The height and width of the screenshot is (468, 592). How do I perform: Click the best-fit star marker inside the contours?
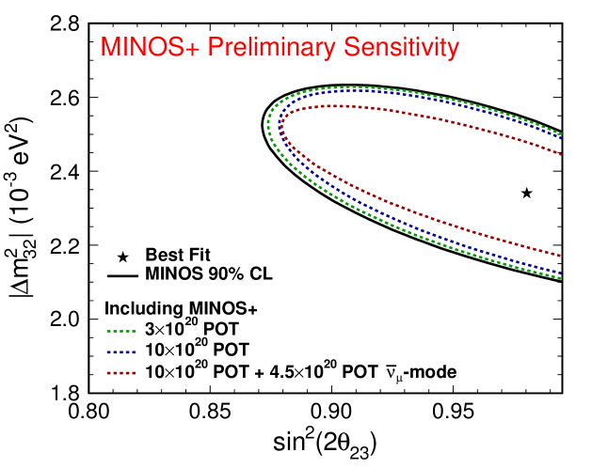pos(526,193)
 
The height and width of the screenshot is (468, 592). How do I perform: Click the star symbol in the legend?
pos(121,256)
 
